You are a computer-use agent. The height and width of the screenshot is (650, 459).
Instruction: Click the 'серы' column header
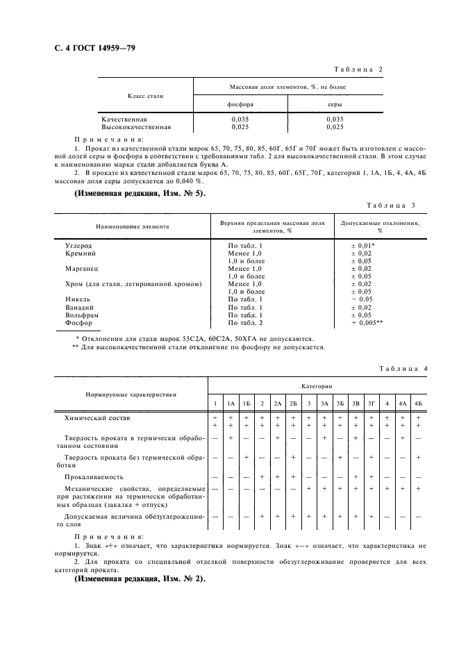pos(334,104)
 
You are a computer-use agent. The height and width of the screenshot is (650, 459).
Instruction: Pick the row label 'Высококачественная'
pos(136,127)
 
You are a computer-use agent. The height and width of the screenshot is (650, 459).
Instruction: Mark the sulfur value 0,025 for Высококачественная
pos(334,127)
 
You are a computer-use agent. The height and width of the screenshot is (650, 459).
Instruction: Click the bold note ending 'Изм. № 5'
pos(140,193)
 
